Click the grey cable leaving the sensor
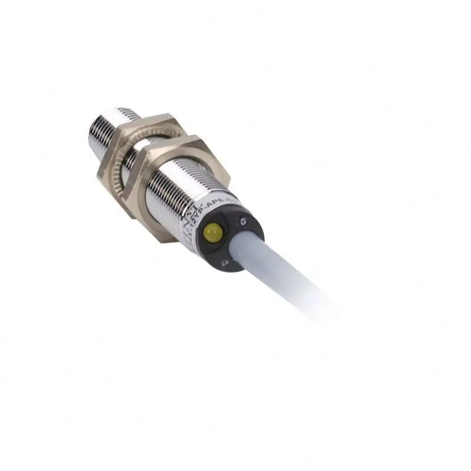coord(283,271)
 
